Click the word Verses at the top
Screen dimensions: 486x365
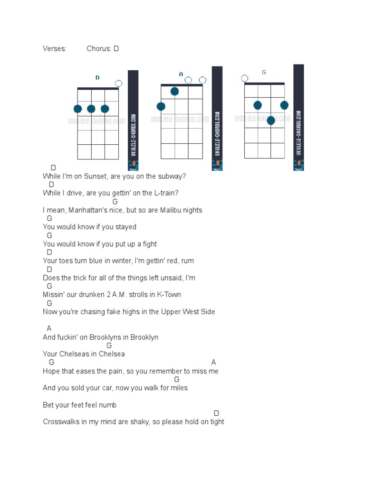pos(54,48)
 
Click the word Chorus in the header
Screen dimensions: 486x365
pos(98,48)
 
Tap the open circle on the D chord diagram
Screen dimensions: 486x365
pos(118,84)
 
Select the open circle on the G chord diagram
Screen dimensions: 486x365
pos(245,78)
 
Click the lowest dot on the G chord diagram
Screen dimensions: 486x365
pos(271,121)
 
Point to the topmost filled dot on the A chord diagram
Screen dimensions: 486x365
pos(174,92)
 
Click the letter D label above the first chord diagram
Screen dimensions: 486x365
pos(97,78)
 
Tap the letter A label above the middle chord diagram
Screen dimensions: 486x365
pos(181,74)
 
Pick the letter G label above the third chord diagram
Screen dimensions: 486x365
pos(264,72)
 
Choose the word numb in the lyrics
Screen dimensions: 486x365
pos(108,405)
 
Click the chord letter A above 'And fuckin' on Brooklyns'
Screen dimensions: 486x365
pos(49,328)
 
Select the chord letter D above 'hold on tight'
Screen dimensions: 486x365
pos(217,413)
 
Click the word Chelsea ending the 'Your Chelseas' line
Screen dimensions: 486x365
pos(113,354)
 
